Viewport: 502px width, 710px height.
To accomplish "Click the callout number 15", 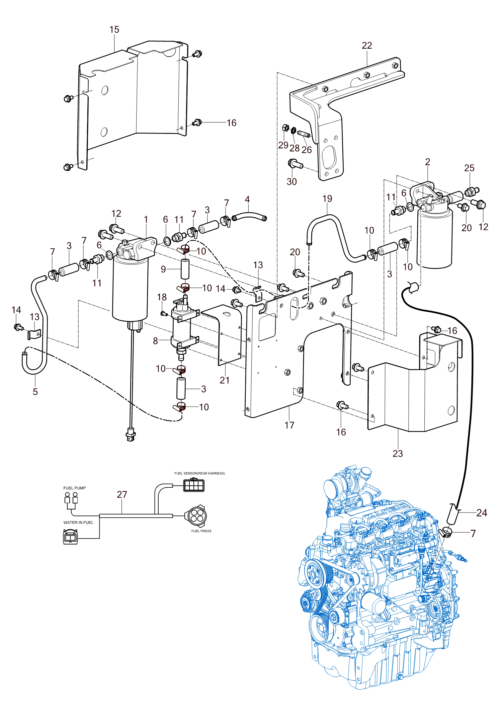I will [114, 30].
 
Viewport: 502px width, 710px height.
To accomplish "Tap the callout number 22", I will [367, 46].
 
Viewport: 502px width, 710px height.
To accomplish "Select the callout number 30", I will [291, 182].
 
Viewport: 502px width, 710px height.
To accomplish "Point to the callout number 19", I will [327, 199].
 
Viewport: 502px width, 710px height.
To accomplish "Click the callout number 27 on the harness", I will [122, 495].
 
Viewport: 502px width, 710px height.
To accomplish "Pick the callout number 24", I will [482, 513].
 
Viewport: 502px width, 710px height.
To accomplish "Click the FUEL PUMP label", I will [74, 488].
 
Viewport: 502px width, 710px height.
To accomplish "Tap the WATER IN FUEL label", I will [78, 523].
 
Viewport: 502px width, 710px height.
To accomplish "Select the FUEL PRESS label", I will [201, 531].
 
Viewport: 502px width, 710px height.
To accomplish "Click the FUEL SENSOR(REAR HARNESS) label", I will [199, 473].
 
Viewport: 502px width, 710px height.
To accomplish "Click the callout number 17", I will [289, 425].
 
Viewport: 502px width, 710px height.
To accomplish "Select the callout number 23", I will [398, 454].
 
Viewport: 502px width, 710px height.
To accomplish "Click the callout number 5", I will [35, 392].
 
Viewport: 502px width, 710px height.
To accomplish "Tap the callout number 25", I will [469, 168].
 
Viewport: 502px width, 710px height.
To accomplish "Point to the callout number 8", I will [155, 341].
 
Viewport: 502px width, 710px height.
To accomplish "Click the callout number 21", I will [225, 380].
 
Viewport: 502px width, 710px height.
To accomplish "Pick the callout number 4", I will [247, 200].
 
